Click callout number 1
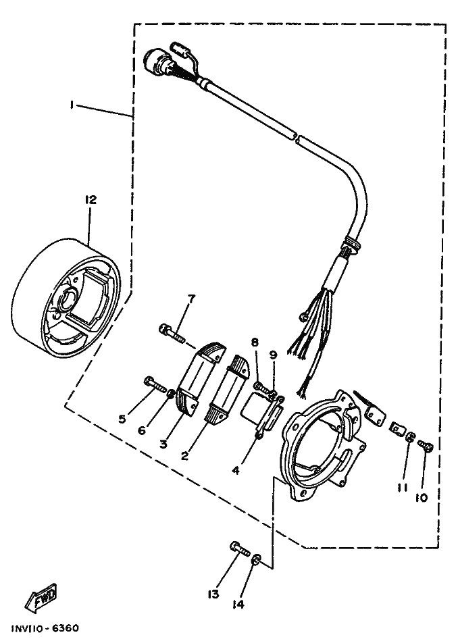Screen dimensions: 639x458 pos(71,105)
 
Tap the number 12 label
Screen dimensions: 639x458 pos(91,200)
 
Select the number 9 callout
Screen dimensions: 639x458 pos(273,354)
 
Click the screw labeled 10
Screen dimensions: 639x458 pos(426,446)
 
